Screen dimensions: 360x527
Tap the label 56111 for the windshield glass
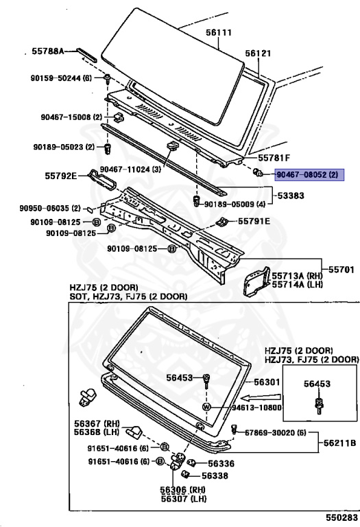coord(219,32)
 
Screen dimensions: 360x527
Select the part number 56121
coord(258,53)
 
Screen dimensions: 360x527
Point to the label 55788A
coord(48,51)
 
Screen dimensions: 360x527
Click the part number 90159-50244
coord(56,78)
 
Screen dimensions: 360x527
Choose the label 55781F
coord(274,158)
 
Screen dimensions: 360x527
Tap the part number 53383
coord(291,196)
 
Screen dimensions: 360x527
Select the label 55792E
coord(61,176)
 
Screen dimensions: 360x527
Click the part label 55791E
coord(254,221)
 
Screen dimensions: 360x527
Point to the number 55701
coord(341,270)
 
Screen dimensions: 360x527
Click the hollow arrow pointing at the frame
coord(261,397)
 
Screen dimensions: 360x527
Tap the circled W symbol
coord(206,407)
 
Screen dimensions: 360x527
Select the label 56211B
coord(340,443)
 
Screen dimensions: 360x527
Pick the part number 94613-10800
coord(257,408)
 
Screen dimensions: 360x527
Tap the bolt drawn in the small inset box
coord(317,406)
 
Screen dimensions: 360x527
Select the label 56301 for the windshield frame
coord(267,382)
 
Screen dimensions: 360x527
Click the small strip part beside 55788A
coord(86,54)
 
